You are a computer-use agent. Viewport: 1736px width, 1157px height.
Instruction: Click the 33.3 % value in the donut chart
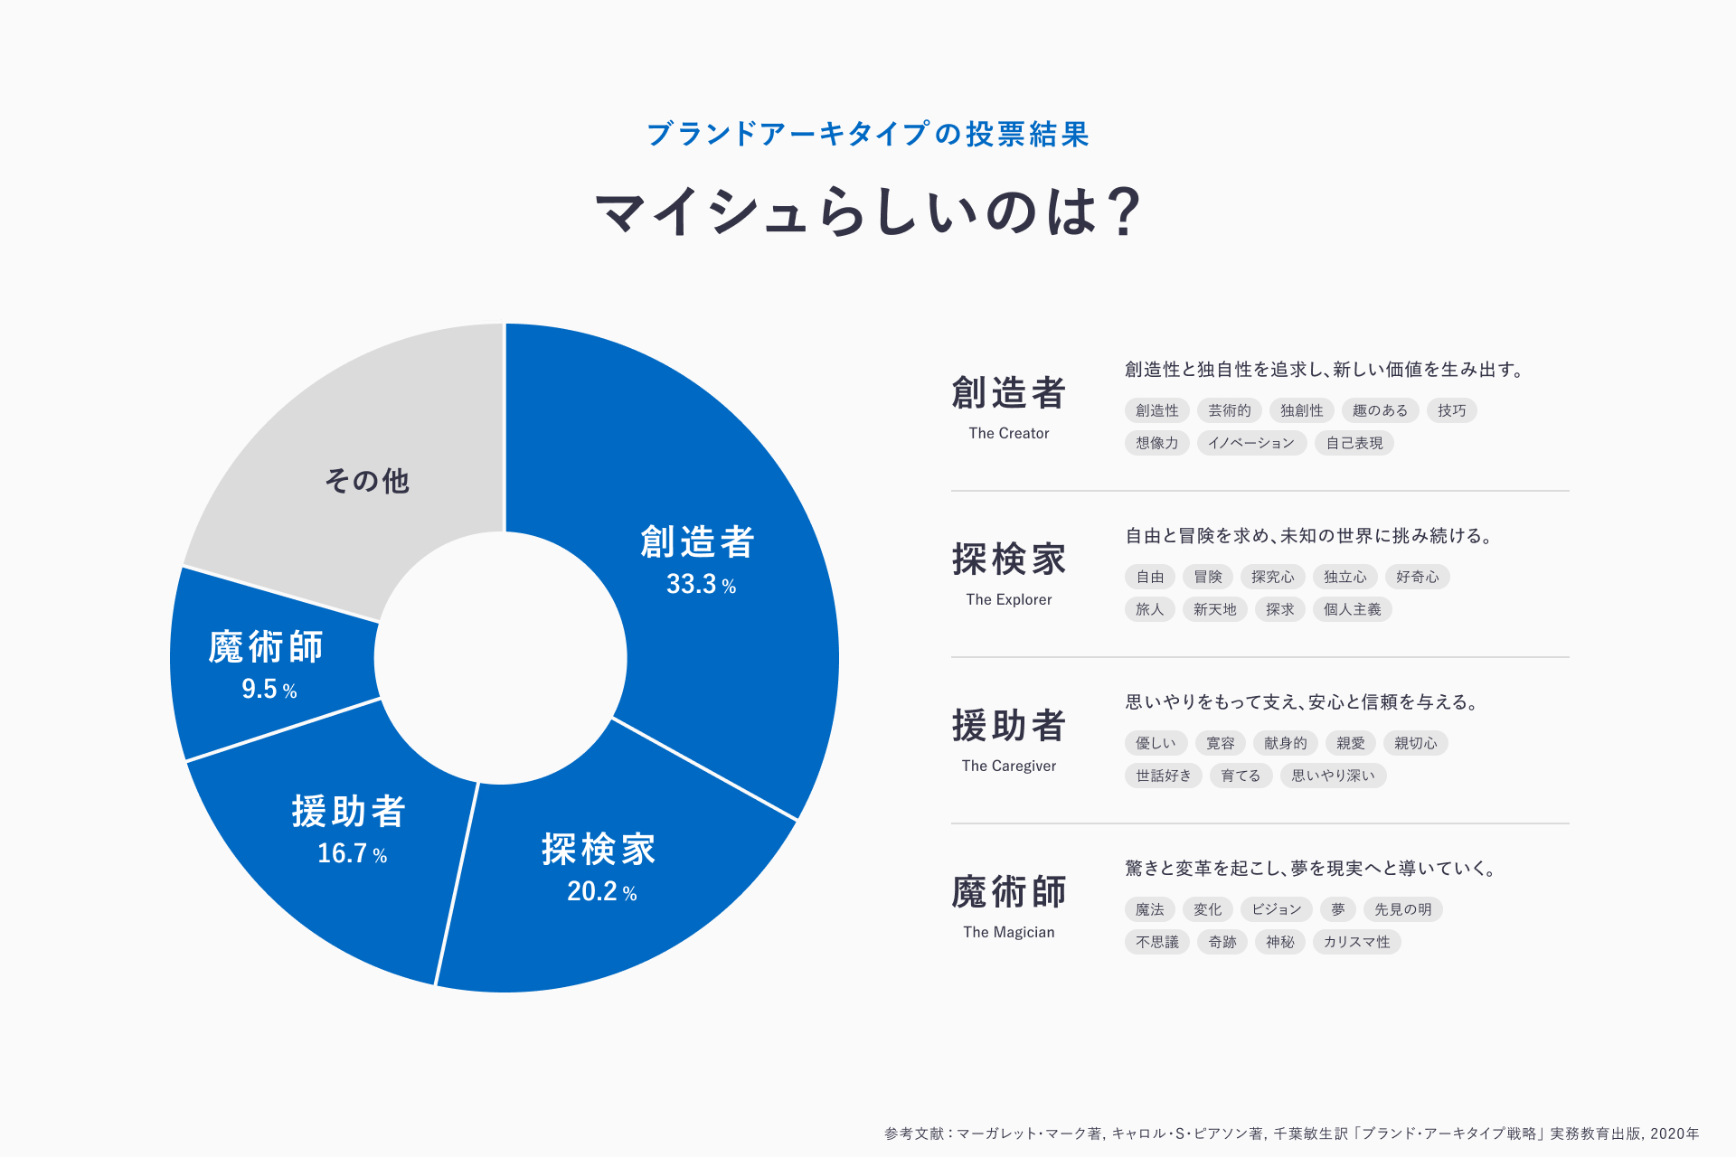click(x=701, y=585)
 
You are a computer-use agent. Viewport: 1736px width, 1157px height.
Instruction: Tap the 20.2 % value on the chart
click(x=601, y=892)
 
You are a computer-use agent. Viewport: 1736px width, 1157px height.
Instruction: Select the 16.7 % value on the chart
click(x=352, y=854)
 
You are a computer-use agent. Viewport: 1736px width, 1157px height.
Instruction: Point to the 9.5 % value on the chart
click(x=269, y=690)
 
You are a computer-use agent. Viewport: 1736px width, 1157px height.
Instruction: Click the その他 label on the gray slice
click(x=367, y=481)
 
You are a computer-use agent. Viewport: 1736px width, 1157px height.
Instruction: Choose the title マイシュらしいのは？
click(x=868, y=212)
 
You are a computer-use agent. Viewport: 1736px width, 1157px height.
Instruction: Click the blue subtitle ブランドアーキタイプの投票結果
click(x=868, y=135)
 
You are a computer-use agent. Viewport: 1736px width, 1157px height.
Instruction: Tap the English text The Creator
click(x=1008, y=434)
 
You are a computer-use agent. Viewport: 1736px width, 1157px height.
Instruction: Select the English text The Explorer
click(x=1008, y=600)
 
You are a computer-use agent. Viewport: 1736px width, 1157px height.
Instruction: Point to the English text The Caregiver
click(x=1008, y=767)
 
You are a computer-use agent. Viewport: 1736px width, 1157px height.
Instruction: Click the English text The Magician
click(x=1008, y=933)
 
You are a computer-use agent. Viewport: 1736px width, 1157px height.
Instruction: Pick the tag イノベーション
click(x=1251, y=444)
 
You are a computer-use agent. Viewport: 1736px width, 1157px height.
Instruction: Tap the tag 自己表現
click(x=1354, y=444)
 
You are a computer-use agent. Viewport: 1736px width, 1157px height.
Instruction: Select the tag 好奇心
click(x=1417, y=578)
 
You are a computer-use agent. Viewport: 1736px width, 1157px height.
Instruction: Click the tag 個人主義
click(x=1352, y=610)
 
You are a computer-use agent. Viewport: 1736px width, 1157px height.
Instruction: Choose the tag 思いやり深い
click(x=1333, y=776)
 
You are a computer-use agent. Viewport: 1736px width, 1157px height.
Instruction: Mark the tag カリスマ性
click(x=1356, y=943)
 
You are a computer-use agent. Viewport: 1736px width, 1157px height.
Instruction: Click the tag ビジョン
click(x=1276, y=910)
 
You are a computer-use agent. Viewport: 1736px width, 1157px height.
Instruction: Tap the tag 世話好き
click(x=1164, y=776)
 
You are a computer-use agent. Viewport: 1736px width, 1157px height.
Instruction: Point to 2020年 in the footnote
click(x=1675, y=1133)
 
